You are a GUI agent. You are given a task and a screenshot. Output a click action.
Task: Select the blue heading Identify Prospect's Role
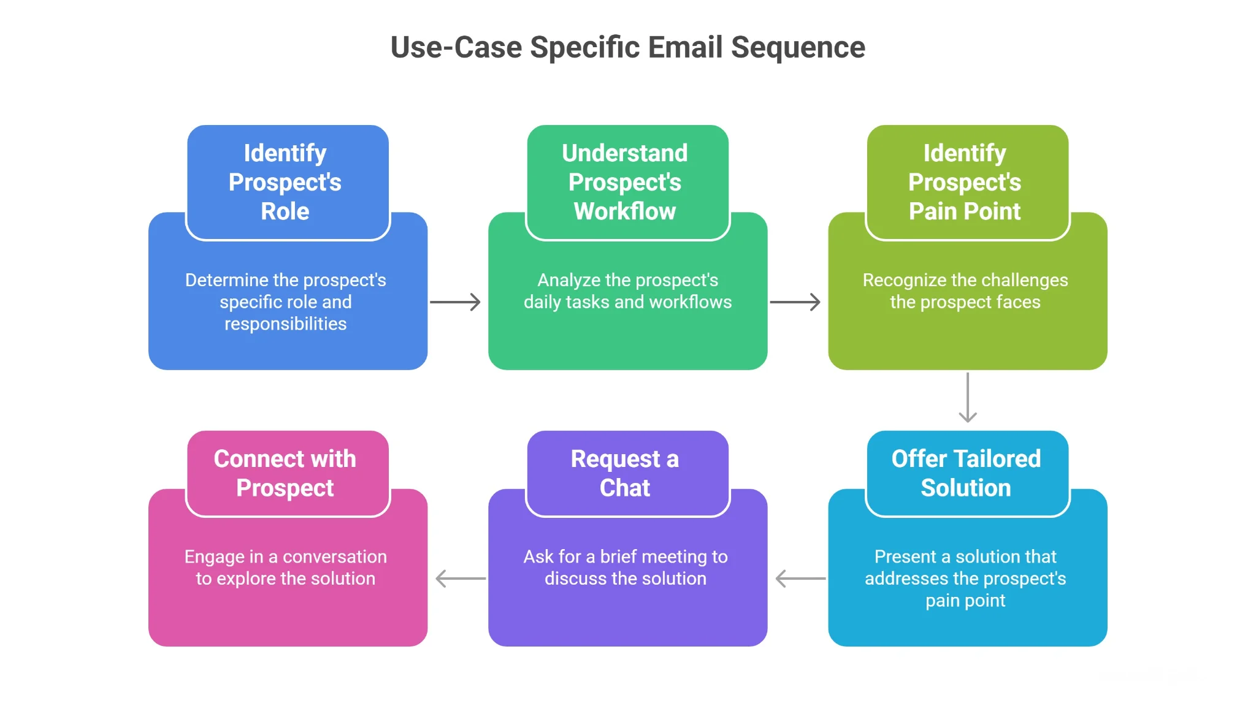285,182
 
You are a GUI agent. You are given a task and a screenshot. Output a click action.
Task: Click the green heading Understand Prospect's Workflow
625,182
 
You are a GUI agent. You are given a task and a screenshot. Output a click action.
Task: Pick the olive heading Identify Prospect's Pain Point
965,182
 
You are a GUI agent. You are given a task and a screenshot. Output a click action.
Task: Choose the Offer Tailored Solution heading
966,473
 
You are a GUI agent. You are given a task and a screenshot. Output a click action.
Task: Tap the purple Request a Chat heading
625,473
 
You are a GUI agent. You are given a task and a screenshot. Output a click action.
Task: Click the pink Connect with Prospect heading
285,473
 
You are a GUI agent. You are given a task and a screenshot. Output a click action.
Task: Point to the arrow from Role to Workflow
455,302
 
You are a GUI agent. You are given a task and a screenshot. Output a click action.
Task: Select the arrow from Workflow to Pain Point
795,302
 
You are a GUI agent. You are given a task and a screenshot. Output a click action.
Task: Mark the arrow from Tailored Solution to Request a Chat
800,579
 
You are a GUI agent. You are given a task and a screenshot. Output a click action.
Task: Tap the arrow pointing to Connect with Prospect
460,579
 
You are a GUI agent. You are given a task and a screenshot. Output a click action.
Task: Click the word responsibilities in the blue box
285,324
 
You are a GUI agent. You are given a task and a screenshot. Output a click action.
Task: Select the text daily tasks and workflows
627,302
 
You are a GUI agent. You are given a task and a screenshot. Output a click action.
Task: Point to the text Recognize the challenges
965,280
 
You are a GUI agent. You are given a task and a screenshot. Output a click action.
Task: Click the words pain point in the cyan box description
965,601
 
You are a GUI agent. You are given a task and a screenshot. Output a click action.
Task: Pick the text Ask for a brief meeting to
625,556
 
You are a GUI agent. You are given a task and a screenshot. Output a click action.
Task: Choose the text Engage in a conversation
285,556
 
